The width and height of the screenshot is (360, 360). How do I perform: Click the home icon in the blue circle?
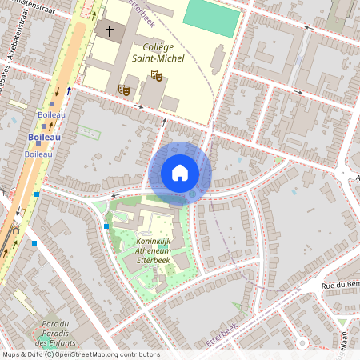coord(180,173)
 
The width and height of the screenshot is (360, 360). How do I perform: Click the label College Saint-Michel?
coord(158,53)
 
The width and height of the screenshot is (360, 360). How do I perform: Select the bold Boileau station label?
coord(45,137)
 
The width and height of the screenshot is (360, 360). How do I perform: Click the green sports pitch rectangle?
coord(212,17)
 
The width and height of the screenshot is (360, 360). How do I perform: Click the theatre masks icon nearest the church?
coord(124,90)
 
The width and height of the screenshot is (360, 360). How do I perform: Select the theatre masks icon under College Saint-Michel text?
coord(157,76)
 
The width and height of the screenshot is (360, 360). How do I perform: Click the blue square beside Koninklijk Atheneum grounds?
coord(106,226)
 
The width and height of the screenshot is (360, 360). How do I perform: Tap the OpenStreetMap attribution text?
coord(80,354)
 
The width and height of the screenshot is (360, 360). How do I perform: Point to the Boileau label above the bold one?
coord(50,114)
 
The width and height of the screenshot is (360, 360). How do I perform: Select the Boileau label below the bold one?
coord(38,153)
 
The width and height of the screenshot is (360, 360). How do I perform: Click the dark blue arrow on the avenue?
coord(69,90)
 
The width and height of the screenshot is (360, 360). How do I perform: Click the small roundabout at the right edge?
coord(342,172)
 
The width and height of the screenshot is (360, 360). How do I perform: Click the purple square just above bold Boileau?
coord(52,104)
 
